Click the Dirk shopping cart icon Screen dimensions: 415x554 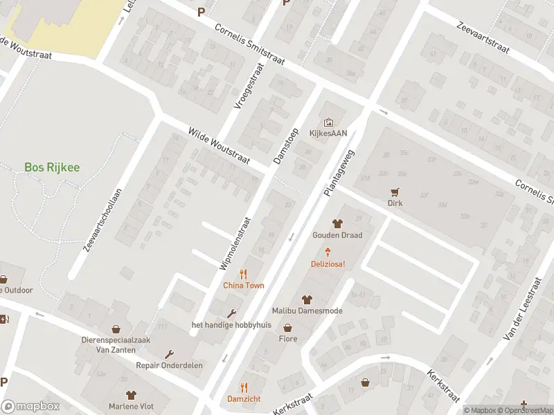point(395,192)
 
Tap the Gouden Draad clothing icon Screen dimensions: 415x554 point(337,223)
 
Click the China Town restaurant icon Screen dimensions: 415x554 point(243,274)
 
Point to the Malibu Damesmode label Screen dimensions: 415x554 point(307,311)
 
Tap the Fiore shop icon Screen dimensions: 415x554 point(287,329)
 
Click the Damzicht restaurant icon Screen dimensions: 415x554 point(244,387)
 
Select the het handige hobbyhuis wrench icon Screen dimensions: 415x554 point(231,313)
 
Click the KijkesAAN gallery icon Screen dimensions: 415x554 point(328,122)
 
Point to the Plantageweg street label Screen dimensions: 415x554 point(338,173)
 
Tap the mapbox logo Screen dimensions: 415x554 point(29,407)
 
